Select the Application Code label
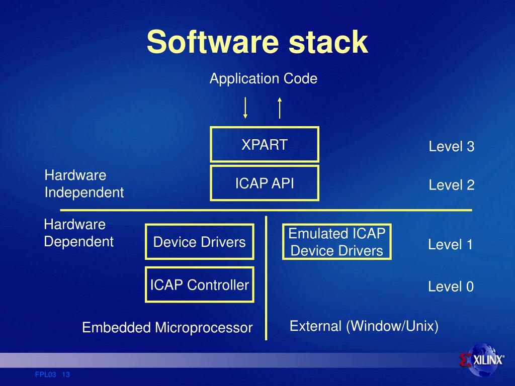pyautogui.click(x=264, y=79)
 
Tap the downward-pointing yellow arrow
pyautogui.click(x=245, y=107)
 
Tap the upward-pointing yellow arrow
pyautogui.click(x=280, y=107)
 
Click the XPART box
pyautogui.click(x=264, y=145)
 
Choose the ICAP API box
pyautogui.click(x=264, y=183)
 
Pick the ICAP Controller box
pyautogui.click(x=199, y=285)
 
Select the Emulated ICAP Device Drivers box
pyautogui.click(x=336, y=242)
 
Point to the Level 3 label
pyautogui.click(x=451, y=147)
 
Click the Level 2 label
pyautogui.click(x=451, y=185)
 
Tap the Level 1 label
pyautogui.click(x=450, y=245)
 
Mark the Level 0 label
pyautogui.click(x=451, y=287)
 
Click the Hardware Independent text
pyautogui.click(x=84, y=184)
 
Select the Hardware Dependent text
pyautogui.click(x=78, y=233)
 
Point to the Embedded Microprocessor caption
pyautogui.click(x=167, y=328)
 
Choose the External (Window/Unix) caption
pyautogui.click(x=364, y=326)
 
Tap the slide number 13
pyautogui.click(x=66, y=374)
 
